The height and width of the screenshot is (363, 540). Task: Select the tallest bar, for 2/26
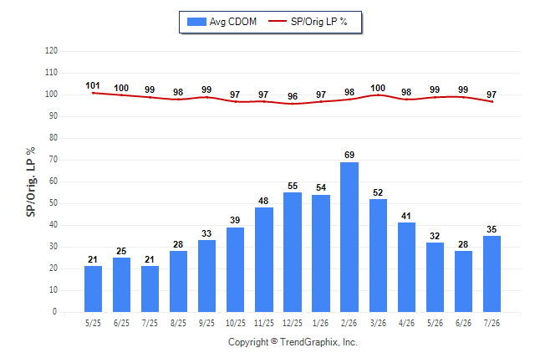[349, 237]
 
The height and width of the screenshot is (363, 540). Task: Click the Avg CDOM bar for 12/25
[293, 252]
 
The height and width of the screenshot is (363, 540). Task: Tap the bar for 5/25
[93, 289]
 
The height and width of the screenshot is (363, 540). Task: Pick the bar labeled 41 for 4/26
[406, 267]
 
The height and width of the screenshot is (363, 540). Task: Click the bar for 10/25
[235, 269]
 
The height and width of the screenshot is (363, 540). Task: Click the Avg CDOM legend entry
[222, 22]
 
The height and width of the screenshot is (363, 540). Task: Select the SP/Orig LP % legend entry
[308, 22]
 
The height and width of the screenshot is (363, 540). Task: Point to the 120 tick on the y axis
[51, 51]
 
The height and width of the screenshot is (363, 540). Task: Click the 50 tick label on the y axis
[53, 203]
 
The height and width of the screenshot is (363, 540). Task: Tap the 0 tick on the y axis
[55, 312]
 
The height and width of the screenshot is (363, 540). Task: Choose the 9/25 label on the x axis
[206, 323]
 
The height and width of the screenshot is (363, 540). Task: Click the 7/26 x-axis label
[492, 323]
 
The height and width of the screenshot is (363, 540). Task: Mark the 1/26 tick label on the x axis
[321, 323]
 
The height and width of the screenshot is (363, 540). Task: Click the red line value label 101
[93, 85]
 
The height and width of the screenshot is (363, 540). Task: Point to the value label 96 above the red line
[293, 96]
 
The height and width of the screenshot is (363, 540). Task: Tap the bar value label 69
[349, 155]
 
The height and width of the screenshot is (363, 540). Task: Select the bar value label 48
[263, 201]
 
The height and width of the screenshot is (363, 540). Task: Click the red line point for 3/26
[378, 95]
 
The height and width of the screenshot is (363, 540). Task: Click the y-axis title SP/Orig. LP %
[31, 181]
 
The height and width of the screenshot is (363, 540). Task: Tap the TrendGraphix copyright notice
[293, 342]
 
